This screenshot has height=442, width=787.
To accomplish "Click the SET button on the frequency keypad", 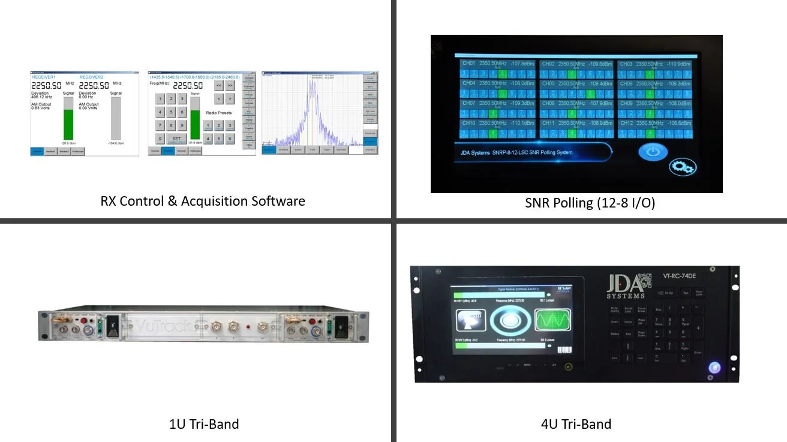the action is point(176,139).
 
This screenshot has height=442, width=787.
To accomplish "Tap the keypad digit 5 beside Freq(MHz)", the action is point(171,112).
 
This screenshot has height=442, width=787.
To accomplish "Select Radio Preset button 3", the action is point(230,125).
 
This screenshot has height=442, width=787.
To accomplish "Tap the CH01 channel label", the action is point(468,64).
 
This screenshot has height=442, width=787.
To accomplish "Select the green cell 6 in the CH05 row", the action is point(590,94).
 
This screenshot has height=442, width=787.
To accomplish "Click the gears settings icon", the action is point(683,167).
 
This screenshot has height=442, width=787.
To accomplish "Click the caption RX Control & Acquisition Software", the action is point(203,201).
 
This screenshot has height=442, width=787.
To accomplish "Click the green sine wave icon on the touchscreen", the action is point(549,320).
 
